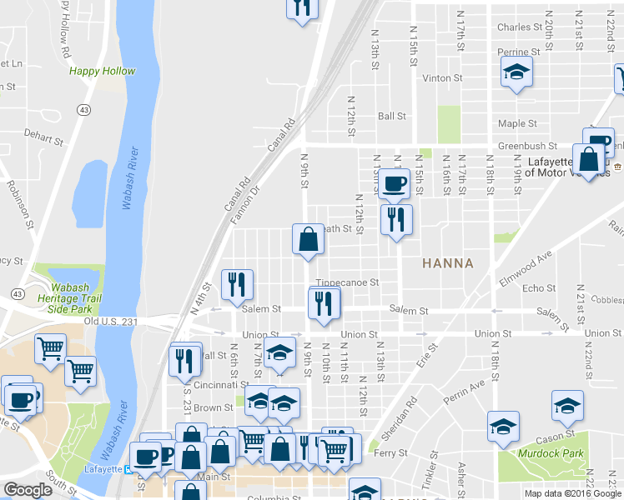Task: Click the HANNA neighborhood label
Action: click(x=448, y=263)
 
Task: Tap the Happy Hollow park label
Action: click(x=102, y=72)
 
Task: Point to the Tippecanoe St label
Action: click(x=347, y=282)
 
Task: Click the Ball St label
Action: click(x=391, y=117)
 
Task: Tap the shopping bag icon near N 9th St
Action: click(x=308, y=239)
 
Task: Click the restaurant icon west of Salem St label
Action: click(x=236, y=286)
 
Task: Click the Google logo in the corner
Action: click(x=28, y=490)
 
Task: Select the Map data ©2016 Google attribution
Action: click(x=573, y=493)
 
